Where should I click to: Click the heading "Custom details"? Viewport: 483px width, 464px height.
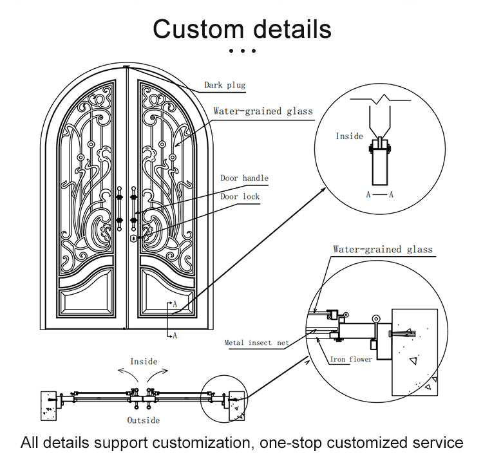[242, 29]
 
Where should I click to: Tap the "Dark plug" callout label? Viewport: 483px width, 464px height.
[225, 85]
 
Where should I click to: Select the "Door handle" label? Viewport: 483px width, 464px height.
[245, 178]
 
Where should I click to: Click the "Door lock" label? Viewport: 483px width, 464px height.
[240, 197]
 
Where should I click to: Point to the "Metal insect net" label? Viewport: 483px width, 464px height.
[256, 343]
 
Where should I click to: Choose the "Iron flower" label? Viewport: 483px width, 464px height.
[351, 359]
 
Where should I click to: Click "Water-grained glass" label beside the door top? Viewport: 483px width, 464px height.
[263, 111]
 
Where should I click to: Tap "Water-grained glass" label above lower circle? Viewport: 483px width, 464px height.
[383, 249]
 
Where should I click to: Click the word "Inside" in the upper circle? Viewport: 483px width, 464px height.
[349, 136]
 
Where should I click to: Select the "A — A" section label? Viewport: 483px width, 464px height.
[379, 193]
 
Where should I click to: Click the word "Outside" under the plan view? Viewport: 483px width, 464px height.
[144, 420]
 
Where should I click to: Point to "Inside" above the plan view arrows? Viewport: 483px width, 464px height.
[144, 362]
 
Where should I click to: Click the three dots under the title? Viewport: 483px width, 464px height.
[242, 50]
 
